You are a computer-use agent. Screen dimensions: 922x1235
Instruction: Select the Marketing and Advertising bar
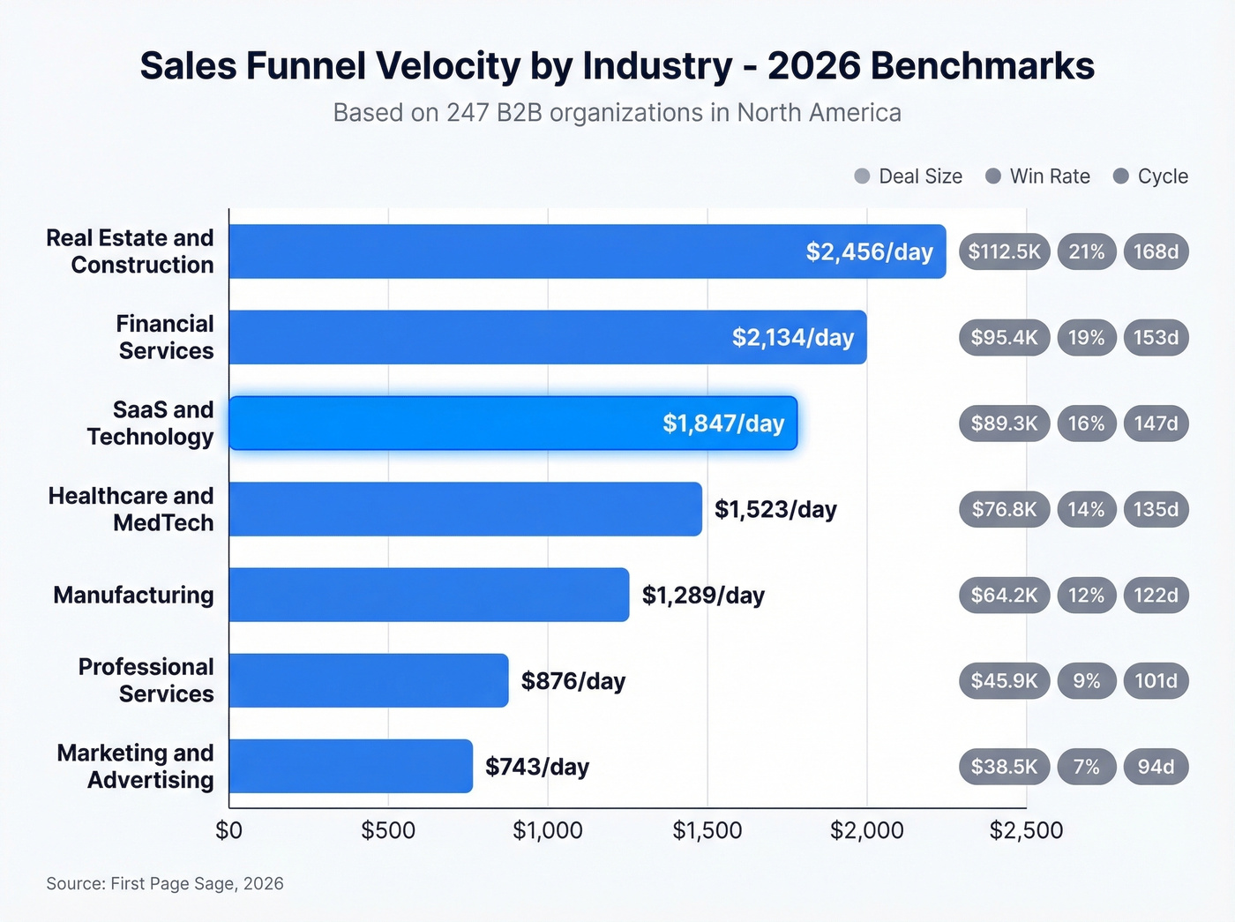point(350,766)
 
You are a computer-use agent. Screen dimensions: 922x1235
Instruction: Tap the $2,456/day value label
point(869,252)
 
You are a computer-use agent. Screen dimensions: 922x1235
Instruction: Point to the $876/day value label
point(573,681)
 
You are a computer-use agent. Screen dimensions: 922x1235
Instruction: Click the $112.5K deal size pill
point(1004,252)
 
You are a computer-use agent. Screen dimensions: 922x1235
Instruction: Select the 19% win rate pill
point(1086,338)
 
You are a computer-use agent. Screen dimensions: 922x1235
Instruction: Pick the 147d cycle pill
point(1156,424)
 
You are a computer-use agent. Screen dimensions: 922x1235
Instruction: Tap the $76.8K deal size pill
point(1004,509)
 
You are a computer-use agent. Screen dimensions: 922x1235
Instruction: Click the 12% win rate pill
point(1086,596)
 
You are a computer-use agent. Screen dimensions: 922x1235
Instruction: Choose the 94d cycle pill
point(1156,767)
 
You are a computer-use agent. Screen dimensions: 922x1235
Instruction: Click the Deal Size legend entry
point(909,176)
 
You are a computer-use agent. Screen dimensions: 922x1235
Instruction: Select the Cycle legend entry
point(1151,176)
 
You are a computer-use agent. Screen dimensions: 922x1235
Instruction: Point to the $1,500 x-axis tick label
point(707,830)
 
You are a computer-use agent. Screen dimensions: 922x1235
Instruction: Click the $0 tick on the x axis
point(229,830)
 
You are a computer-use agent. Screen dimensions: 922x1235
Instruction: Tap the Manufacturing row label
point(133,596)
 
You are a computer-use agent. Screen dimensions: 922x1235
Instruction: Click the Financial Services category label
point(165,338)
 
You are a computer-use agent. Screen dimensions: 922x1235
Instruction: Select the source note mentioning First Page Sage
point(165,883)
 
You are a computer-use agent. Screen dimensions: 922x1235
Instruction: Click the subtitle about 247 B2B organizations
point(617,113)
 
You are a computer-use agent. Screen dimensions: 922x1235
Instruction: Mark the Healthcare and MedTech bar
point(465,509)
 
